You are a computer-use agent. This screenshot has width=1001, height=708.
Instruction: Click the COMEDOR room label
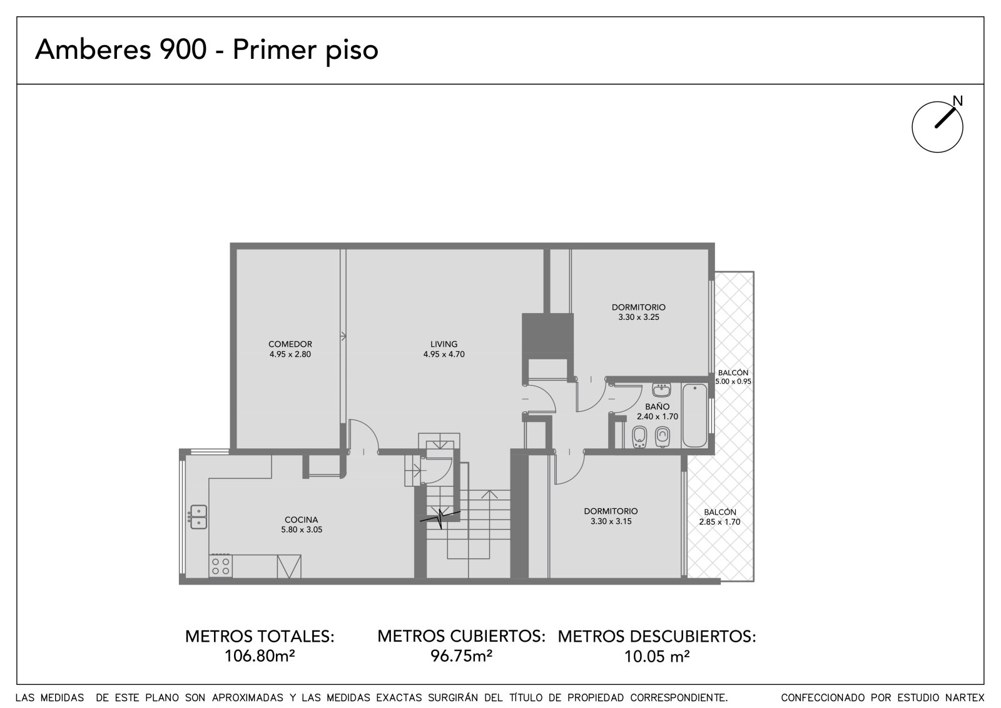(290, 344)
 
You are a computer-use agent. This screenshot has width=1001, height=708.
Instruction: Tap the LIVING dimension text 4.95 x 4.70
(444, 354)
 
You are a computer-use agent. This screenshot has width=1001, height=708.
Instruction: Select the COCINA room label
(301, 520)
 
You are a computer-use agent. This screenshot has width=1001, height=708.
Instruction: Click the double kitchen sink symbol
(198, 517)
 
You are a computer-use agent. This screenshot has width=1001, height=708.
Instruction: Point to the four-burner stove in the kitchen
(221, 567)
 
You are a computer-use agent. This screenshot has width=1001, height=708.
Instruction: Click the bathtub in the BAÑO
(695, 416)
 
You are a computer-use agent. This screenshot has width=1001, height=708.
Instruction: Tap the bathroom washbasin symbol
(661, 390)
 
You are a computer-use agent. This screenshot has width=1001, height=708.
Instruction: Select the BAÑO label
(657, 406)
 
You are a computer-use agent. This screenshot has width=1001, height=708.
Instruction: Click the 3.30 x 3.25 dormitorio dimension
(639, 317)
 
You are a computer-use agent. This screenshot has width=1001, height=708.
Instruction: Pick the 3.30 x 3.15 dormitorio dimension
(611, 521)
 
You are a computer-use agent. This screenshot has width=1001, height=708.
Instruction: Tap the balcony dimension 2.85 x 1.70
(719, 521)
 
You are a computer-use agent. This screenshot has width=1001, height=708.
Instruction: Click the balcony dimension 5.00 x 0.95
(733, 381)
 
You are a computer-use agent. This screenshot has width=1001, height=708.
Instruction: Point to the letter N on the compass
(957, 101)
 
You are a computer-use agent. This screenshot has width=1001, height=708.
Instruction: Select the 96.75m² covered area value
(461, 655)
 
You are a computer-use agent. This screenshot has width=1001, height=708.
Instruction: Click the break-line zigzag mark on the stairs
(440, 518)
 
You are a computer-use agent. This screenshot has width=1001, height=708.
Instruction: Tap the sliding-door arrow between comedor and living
(343, 336)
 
